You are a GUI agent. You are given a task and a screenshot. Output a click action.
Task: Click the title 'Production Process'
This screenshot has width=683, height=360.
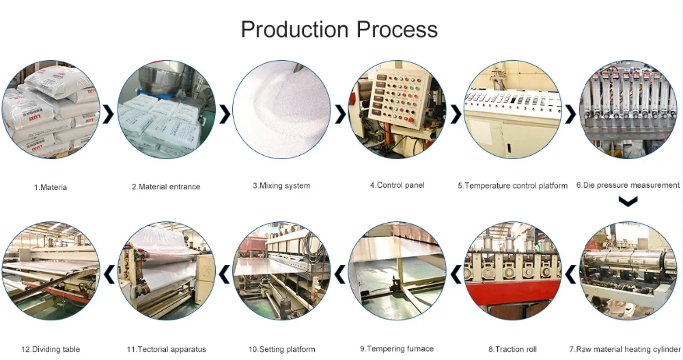click(x=339, y=29)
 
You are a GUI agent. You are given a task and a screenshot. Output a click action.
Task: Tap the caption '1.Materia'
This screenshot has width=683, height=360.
click(x=51, y=186)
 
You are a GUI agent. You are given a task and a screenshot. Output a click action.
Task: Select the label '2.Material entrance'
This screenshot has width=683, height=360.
click(x=166, y=186)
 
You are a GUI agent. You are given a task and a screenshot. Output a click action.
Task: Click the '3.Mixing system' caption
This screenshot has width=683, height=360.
click(x=281, y=186)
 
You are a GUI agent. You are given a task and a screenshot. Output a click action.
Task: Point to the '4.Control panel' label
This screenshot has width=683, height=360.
click(x=397, y=185)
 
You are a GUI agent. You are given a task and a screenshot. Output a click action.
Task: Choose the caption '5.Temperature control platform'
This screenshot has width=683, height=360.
click(x=512, y=186)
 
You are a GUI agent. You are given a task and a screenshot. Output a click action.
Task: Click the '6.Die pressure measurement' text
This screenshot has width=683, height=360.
click(x=628, y=185)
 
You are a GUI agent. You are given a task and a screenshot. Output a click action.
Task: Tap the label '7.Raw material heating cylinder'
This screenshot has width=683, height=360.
click(x=624, y=349)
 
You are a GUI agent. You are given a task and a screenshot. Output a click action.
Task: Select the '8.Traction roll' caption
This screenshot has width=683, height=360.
click(x=512, y=349)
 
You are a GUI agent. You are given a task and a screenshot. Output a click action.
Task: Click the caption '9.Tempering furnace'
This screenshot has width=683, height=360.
click(x=397, y=348)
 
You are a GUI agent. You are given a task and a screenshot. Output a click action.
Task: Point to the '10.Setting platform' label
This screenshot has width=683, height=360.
click(x=281, y=349)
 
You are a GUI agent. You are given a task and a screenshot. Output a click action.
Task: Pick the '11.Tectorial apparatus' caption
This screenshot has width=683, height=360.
click(x=166, y=349)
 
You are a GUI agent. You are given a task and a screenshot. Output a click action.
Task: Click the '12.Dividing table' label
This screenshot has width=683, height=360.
click(x=51, y=349)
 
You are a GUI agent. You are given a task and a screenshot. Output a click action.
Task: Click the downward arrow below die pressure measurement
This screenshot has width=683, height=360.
click(x=627, y=202)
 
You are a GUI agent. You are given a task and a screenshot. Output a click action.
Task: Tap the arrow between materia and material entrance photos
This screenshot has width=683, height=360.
click(x=108, y=114)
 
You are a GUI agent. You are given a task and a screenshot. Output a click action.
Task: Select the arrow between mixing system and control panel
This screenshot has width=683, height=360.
click(x=339, y=114)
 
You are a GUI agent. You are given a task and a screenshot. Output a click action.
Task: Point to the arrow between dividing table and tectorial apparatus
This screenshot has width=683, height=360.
click(x=109, y=273)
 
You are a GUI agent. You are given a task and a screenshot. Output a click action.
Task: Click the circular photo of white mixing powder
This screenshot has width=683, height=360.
click(x=281, y=109)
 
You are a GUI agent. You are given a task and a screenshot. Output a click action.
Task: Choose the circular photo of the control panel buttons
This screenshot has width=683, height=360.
click(x=397, y=109)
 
